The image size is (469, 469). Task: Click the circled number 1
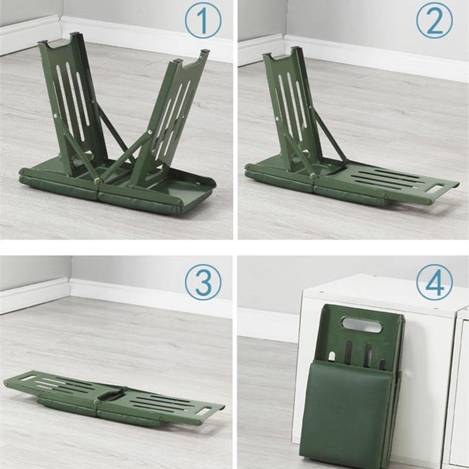(x=203, y=21)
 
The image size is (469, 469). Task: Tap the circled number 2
(x=434, y=21)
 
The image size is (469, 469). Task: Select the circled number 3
(x=203, y=282)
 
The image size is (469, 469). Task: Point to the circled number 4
(x=434, y=282)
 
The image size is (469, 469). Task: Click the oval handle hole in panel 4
(x=362, y=325)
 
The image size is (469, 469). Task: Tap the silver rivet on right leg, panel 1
(x=149, y=132)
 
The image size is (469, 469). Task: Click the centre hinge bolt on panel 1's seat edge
(x=97, y=181)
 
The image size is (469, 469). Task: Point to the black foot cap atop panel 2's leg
(x=295, y=48)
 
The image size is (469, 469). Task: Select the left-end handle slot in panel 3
(x=27, y=378)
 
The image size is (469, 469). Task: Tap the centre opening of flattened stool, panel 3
(x=112, y=395)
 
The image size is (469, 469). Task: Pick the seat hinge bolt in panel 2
(x=313, y=176)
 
